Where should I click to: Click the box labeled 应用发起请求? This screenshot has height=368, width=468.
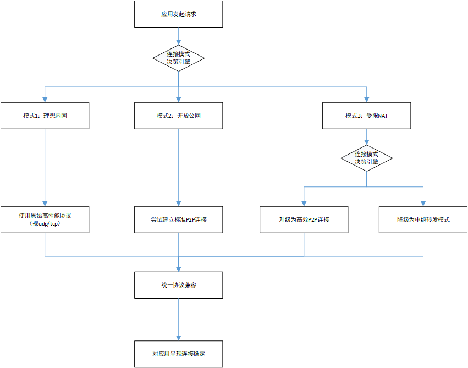point(179,14)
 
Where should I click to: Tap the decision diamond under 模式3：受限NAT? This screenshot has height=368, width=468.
point(367,158)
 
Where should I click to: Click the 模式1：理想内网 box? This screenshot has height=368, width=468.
point(45,116)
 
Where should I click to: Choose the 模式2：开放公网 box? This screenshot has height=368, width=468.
point(179,116)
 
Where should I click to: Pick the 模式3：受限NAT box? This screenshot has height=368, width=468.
point(367,116)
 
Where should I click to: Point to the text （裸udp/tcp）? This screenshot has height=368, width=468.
point(45,224)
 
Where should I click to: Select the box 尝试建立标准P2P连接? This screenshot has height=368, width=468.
point(179,219)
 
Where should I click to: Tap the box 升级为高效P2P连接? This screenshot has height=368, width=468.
point(304,219)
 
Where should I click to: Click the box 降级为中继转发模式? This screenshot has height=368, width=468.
point(423,219)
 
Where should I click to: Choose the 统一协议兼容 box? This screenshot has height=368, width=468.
point(179,285)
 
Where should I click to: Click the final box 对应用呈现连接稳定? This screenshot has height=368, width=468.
point(179,354)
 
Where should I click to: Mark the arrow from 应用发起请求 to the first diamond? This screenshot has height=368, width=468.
point(179,36)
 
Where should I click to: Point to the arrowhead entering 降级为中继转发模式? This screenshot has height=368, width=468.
point(423,203)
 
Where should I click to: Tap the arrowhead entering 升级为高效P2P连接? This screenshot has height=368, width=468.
point(304,203)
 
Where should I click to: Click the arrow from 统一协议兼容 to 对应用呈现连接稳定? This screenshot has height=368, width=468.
point(179,319)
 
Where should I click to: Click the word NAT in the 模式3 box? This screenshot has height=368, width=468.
point(383,116)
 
